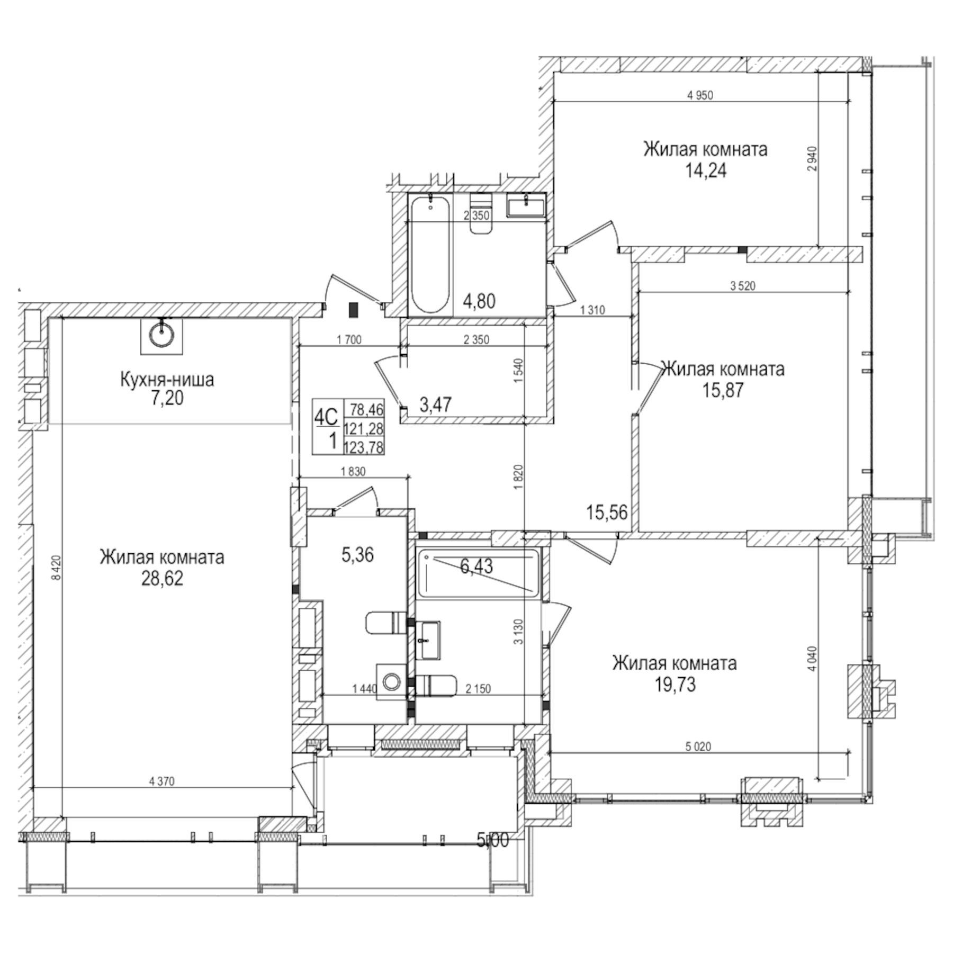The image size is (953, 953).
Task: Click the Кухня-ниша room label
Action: tap(167, 380)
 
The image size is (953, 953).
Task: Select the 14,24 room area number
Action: tap(706, 171)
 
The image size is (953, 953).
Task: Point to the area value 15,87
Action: tap(723, 390)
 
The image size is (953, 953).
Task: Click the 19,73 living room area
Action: tap(675, 685)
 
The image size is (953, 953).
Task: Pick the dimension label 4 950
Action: tap(700, 95)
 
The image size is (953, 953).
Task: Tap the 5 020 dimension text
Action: tap(698, 747)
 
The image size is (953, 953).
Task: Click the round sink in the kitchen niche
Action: tap(161, 335)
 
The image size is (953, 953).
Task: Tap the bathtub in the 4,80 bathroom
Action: tap(430, 254)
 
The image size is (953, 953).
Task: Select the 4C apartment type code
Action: tap(326, 418)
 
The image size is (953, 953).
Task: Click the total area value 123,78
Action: tap(364, 448)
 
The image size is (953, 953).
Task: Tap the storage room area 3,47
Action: tap(435, 405)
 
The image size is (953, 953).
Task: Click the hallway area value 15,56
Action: tap(607, 512)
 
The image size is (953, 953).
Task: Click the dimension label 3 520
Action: tap(742, 286)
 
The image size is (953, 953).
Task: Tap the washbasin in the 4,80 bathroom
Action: tap(526, 205)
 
